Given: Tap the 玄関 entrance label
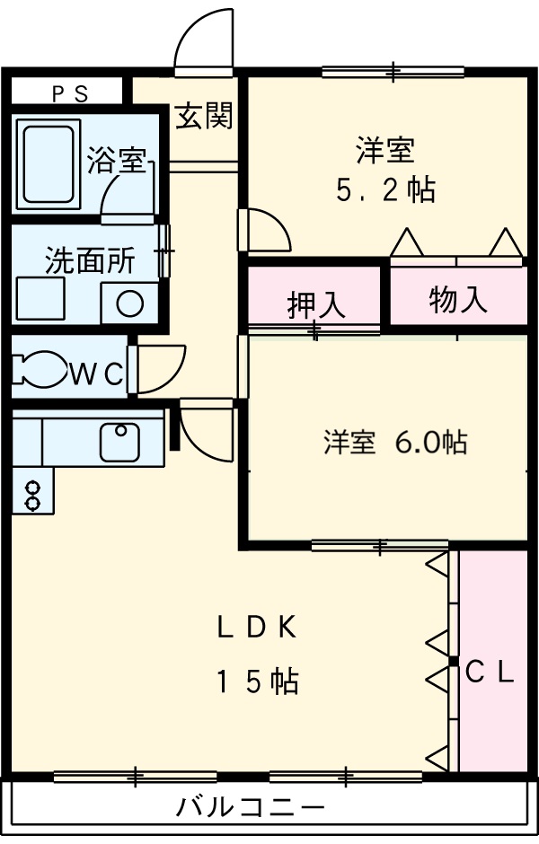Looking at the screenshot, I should tap(204, 116).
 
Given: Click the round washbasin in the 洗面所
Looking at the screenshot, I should tap(129, 303).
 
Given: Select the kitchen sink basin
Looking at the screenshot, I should tap(119, 442).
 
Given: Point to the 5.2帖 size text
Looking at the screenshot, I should tap(386, 189).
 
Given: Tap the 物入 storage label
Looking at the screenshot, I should tap(458, 300).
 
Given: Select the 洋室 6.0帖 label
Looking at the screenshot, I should tap(395, 442).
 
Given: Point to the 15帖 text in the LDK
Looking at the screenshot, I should tap(256, 682).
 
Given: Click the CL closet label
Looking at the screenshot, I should tap(490, 673).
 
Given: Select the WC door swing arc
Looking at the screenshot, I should tap(162, 369).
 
